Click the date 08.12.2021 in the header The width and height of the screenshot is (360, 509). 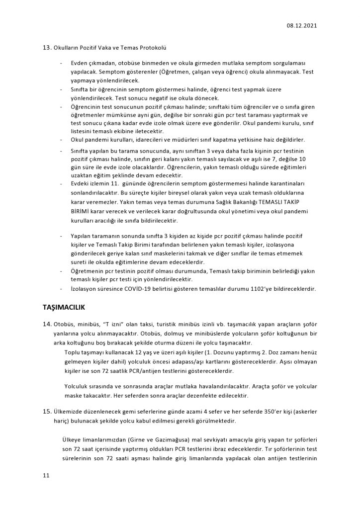click(x=302, y=25)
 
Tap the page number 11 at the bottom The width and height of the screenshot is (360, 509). click(x=46, y=476)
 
